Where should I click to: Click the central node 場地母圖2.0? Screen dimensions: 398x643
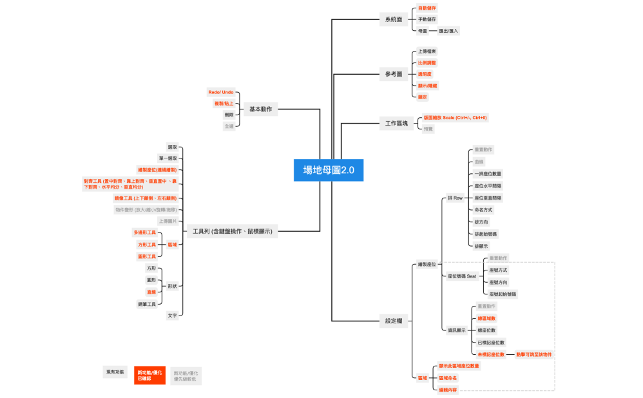pyautogui.click(x=329, y=171)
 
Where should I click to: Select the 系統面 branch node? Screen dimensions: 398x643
pyautogui.click(x=394, y=19)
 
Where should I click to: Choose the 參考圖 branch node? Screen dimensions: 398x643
pyautogui.click(x=394, y=74)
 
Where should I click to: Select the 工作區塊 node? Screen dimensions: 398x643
pyautogui.click(x=397, y=123)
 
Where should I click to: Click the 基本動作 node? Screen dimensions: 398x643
pyautogui.click(x=260, y=109)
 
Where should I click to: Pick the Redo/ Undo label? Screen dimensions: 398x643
pyautogui.click(x=221, y=92)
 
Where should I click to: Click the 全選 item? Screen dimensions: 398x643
pyautogui.click(x=229, y=126)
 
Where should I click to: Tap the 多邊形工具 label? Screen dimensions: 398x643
pyautogui.click(x=144, y=232)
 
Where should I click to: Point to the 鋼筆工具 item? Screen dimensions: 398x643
pyautogui.click(x=147, y=303)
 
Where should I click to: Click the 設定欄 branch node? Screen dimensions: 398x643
pyautogui.click(x=394, y=321)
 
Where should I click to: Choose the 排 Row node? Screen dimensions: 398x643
pyautogui.click(x=455, y=197)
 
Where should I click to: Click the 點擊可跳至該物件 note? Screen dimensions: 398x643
pyautogui.click(x=534, y=354)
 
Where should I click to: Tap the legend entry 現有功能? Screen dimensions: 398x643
pyautogui.click(x=115, y=372)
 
